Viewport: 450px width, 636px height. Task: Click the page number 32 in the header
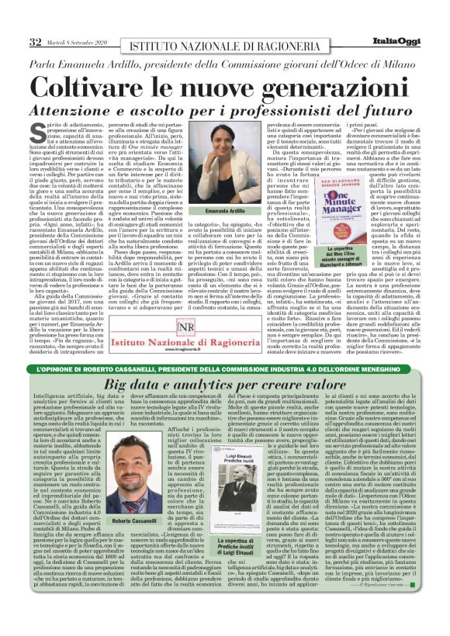pyautogui.click(x=36, y=40)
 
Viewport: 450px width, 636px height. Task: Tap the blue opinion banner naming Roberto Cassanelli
pyautogui.click(x=225, y=367)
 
